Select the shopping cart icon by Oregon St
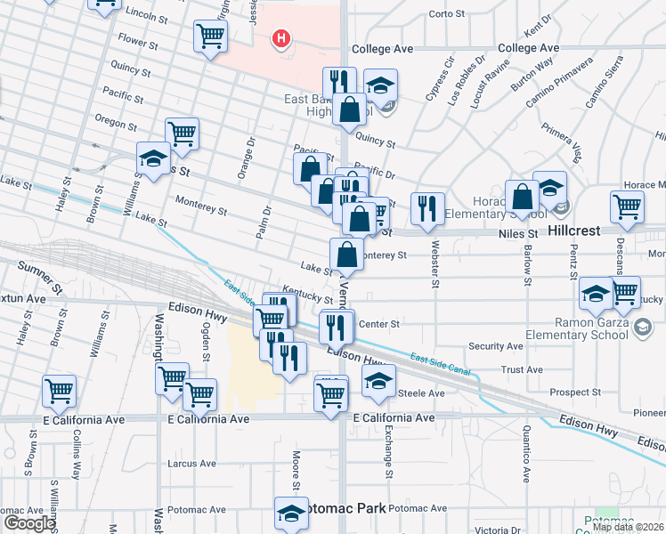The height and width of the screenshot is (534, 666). pos(182,133)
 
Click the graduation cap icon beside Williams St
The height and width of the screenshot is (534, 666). pos(153,159)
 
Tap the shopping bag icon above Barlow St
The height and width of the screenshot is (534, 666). pos(522,197)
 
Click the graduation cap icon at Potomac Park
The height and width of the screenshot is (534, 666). pos(290,514)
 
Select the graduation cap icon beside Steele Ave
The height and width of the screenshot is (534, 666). pos(379,382)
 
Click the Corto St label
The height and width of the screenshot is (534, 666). pos(447,13)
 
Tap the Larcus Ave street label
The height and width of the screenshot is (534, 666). pos(192,464)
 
